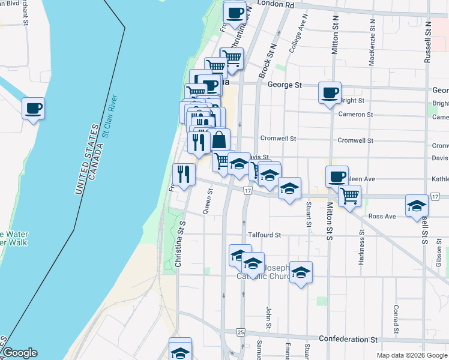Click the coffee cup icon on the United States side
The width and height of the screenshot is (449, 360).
[34, 109]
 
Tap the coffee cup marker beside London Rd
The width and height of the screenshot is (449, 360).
[235, 12]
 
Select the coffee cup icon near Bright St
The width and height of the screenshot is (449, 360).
[330, 93]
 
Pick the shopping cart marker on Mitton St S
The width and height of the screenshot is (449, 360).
[349, 195]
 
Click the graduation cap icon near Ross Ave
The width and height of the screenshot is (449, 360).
[417, 206]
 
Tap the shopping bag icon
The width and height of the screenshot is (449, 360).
[219, 140]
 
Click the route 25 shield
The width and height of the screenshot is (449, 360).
[241, 332]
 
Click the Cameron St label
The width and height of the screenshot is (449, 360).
[355, 115]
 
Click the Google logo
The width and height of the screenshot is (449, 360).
[19, 353]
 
